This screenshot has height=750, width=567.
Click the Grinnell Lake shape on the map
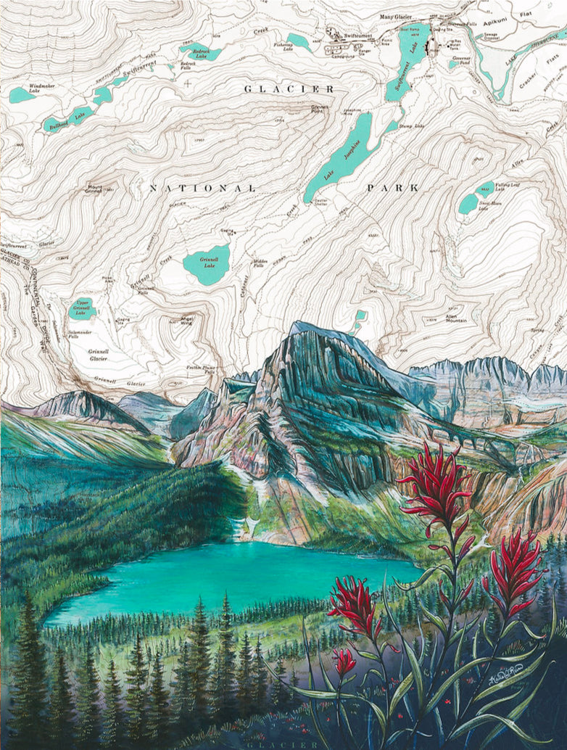(207, 263)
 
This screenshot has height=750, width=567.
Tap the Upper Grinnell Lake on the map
(82, 310)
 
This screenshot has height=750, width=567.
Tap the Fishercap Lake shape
(298, 41)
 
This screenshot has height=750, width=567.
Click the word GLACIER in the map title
(289, 89)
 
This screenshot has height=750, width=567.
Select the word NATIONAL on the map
(202, 188)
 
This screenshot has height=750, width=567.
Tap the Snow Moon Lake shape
(468, 204)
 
